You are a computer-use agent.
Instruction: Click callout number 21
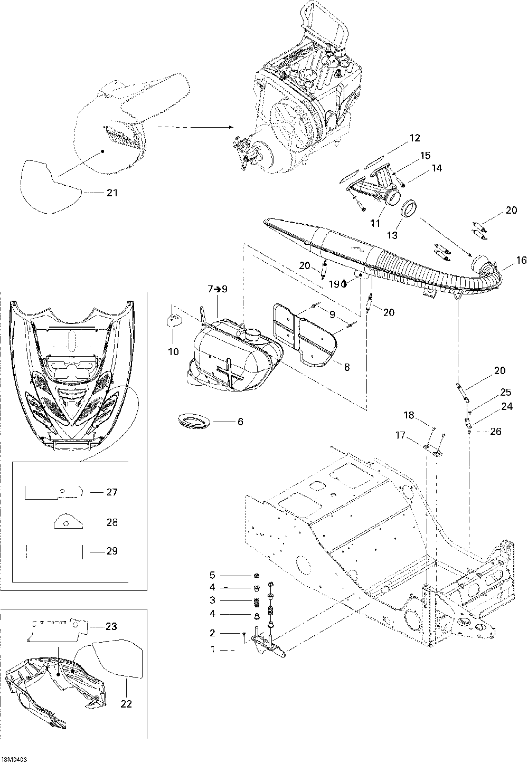[x=111, y=193]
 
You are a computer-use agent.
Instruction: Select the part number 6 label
[x=240, y=422]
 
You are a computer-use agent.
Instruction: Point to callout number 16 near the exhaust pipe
[x=521, y=260]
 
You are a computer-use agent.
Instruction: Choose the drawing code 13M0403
[x=14, y=759]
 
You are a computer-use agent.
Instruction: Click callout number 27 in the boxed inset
[x=111, y=492]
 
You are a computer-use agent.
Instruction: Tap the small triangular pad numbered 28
[x=68, y=522]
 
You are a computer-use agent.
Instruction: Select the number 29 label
[x=111, y=551]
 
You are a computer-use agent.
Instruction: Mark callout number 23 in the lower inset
[x=111, y=626]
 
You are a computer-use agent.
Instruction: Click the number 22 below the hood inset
[x=127, y=703]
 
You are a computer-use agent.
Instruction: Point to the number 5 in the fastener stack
[x=212, y=575]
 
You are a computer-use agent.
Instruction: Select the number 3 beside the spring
[x=212, y=600]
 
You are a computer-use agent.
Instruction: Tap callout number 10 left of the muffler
[x=174, y=351]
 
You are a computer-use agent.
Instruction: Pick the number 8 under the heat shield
[x=346, y=367]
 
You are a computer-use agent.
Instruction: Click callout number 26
[x=495, y=431]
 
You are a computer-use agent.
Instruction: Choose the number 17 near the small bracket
[x=401, y=435]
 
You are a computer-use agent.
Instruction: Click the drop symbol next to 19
[x=344, y=283]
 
